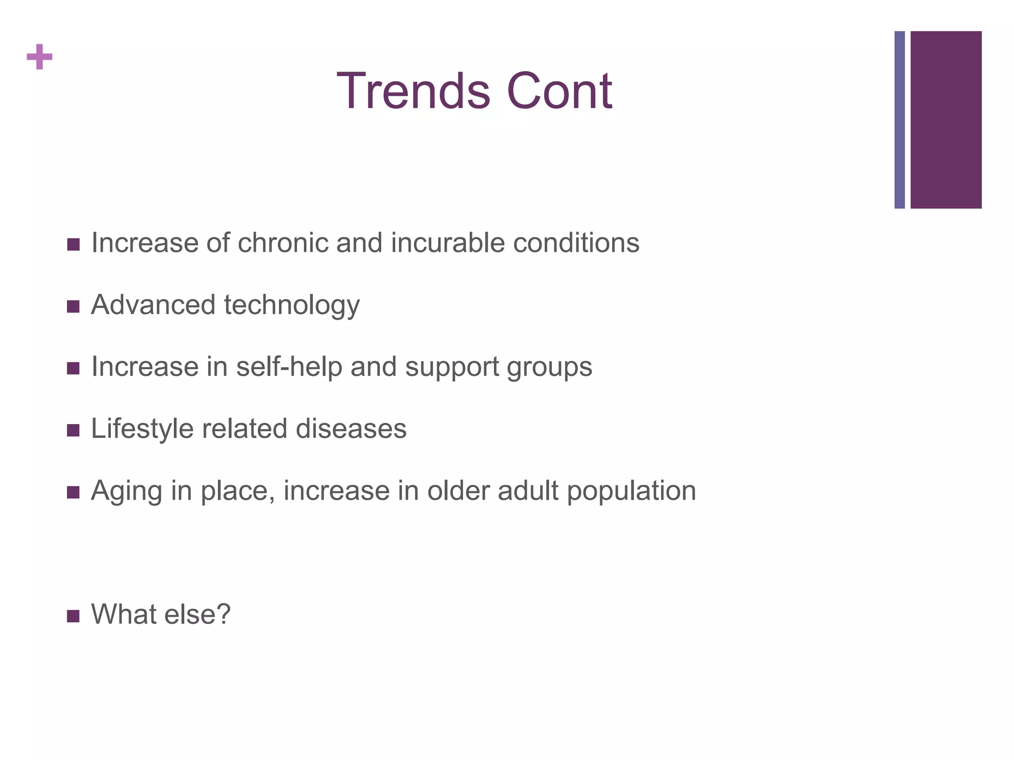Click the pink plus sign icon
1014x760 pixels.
pos(40,57)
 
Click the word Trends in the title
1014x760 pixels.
pos(413,91)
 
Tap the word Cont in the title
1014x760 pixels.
pos(559,91)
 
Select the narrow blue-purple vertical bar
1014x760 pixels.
pos(900,120)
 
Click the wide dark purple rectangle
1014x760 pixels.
pos(946,120)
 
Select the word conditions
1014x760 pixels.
pos(576,243)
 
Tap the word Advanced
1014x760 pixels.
pos(153,305)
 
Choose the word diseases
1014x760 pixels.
pos(351,428)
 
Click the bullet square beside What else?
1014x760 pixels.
pos(73,616)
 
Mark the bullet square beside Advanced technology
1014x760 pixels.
pos(73,307)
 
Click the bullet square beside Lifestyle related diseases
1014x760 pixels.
pos(73,430)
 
